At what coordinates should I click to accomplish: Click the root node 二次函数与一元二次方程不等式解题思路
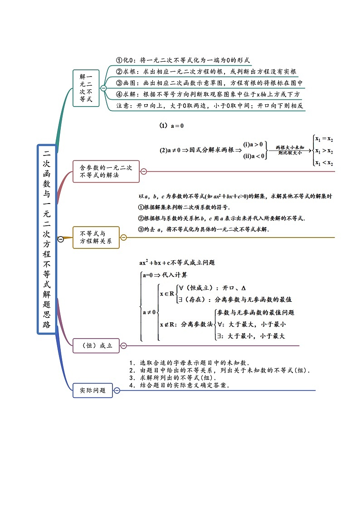coord(47,239)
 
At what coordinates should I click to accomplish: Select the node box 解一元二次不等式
coord(86,88)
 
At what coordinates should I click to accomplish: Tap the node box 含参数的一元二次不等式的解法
coord(106,171)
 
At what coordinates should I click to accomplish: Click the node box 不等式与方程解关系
coord(96,237)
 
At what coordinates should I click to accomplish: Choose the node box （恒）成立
coord(96,345)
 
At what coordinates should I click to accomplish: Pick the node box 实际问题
coord(92,390)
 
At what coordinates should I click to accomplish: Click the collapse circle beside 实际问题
coord(117,390)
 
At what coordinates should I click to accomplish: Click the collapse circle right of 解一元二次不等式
coord(103,88)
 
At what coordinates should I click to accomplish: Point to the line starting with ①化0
coord(183,60)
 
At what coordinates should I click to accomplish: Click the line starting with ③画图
coord(209,83)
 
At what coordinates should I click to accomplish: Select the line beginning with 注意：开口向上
coord(209,106)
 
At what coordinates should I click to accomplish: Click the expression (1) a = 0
coord(171,126)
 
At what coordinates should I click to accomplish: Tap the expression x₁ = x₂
coord(324,139)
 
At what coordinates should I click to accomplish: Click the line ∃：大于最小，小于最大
coord(251,336)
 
